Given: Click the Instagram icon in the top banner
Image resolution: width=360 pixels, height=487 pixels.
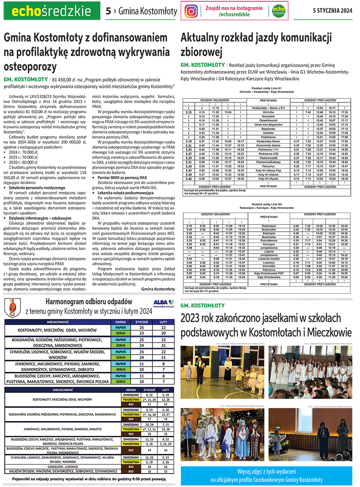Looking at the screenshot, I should coord(192,11).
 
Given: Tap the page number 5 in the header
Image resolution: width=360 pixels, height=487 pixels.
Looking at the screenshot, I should coord(108,11).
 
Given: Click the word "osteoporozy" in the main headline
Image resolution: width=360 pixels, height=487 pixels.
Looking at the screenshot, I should coord(30,66).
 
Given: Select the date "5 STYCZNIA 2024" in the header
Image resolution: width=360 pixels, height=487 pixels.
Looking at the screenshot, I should coord(332,11).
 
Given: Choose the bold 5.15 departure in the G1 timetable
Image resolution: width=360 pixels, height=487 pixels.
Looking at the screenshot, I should coord(189,112).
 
